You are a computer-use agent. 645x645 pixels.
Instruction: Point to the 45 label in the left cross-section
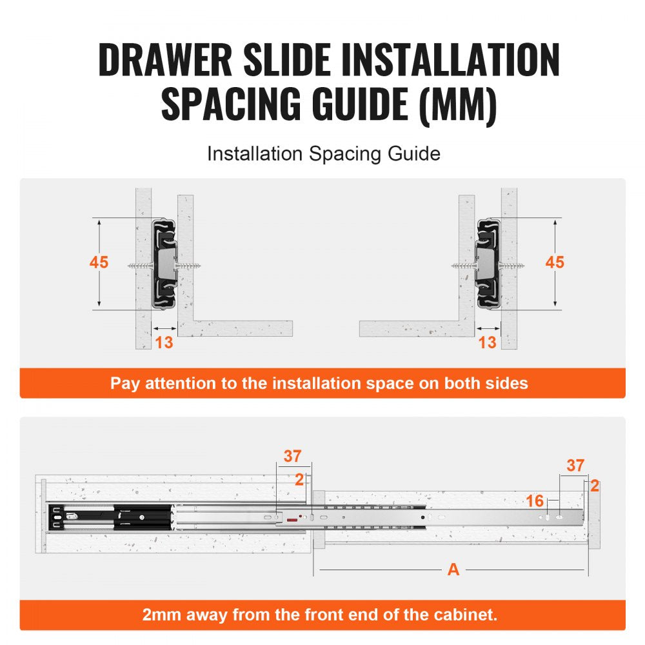point(99,263)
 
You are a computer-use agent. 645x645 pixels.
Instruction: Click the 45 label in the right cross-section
point(555,263)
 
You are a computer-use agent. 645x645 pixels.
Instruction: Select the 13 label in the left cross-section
point(164,342)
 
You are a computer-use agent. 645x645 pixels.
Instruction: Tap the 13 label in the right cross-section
point(488,342)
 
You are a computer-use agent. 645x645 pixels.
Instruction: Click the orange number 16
point(535,501)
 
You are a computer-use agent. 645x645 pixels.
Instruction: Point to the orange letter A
point(453,570)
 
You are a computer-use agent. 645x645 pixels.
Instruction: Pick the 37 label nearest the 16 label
point(575,465)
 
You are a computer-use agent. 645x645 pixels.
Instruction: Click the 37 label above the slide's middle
point(292,457)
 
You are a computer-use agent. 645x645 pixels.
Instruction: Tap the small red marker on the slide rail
point(293,519)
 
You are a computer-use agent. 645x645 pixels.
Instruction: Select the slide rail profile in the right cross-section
point(486,263)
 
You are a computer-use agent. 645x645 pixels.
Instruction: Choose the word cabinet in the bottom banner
point(469,615)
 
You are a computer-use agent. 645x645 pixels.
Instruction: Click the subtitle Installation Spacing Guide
point(323,154)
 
